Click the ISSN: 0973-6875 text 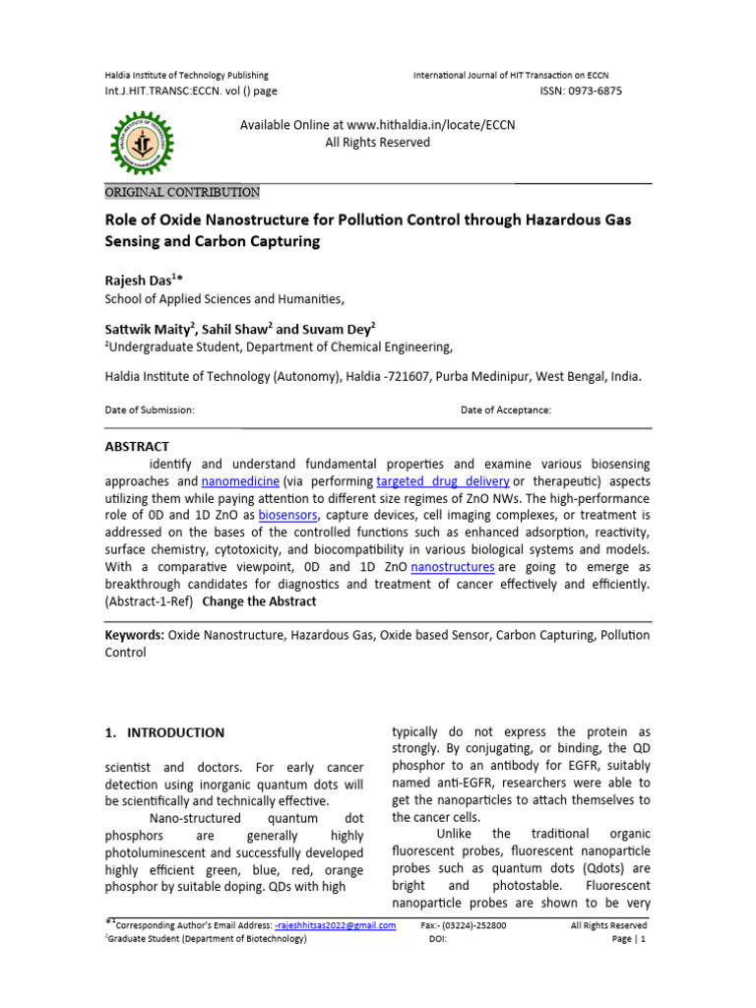[581, 91]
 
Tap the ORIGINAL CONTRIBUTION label [182, 192]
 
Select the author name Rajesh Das [144, 281]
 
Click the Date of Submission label [150, 409]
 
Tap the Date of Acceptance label [506, 409]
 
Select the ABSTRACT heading [137, 446]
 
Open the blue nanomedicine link [241, 481]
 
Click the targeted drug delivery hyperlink [442, 481]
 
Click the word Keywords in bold [134, 635]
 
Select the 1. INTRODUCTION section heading [164, 732]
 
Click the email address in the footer [337, 925]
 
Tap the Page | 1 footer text [627, 940]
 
